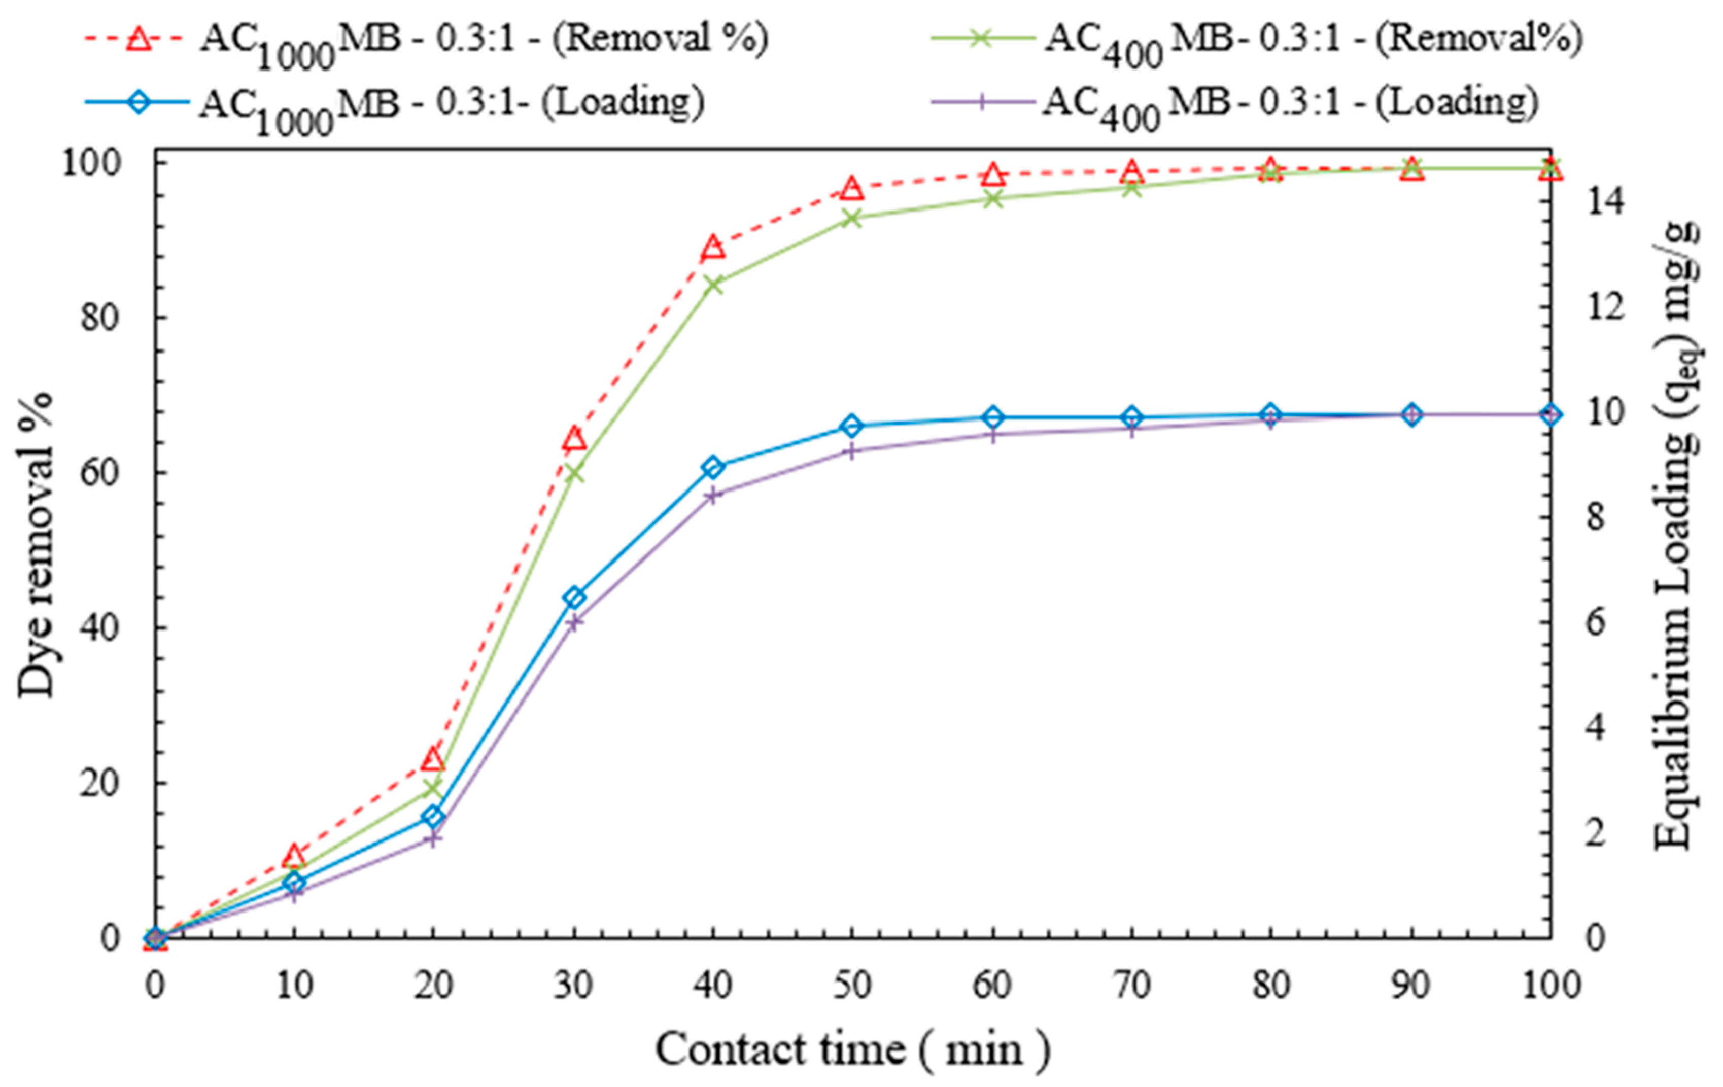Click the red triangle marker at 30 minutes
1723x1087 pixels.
click(574, 438)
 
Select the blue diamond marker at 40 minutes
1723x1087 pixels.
click(713, 468)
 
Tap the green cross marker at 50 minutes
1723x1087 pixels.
click(851, 219)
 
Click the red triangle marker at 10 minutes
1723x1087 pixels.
click(293, 855)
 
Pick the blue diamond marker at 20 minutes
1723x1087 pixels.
click(433, 817)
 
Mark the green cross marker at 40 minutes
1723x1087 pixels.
click(713, 285)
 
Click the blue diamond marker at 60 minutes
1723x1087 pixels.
click(992, 417)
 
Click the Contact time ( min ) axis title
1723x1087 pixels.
click(851, 1049)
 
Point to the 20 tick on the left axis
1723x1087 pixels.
click(100, 784)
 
